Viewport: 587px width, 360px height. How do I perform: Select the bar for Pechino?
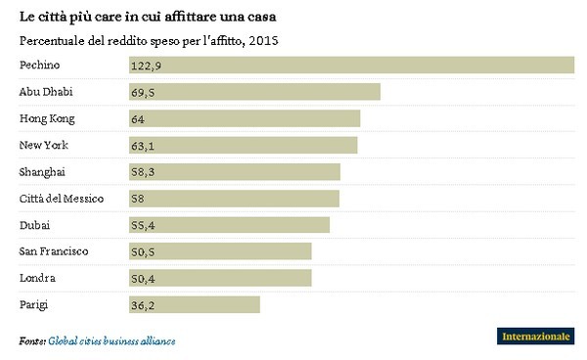tap(350, 65)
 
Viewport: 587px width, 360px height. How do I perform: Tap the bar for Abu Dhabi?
tap(253, 91)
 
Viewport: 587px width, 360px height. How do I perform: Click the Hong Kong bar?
tap(244, 118)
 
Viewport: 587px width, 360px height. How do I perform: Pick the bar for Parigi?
tap(194, 305)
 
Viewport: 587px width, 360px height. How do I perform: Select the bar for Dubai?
tap(229, 225)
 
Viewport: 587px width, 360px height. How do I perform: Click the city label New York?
tap(43, 145)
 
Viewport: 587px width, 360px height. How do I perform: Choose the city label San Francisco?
tap(54, 251)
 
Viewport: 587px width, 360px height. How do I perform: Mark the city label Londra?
tap(37, 279)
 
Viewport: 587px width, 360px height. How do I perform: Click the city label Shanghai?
tap(42, 172)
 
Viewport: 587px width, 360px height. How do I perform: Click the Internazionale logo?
tap(535, 337)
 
